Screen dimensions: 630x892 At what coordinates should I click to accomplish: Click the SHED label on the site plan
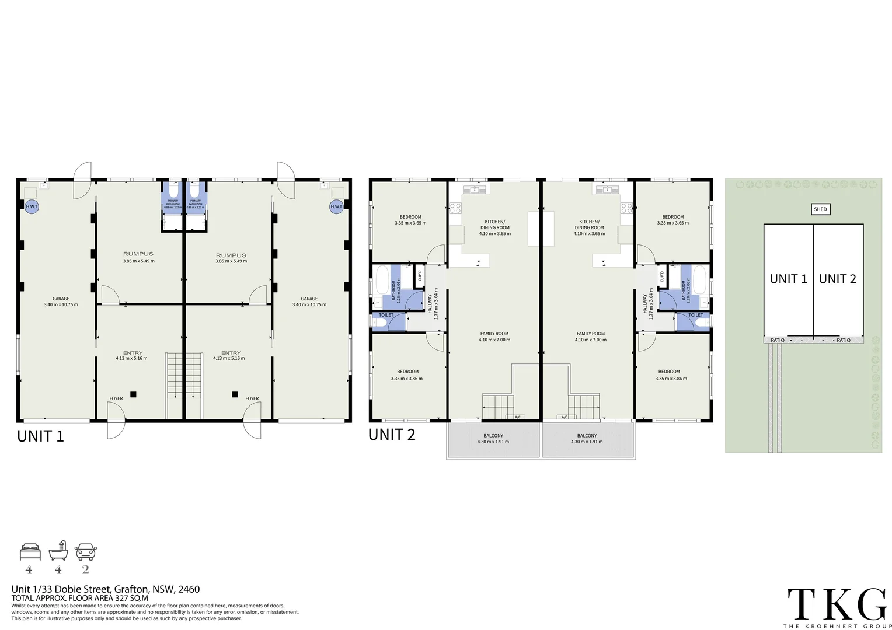[820, 209]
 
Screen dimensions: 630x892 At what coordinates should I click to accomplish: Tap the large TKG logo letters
[837, 604]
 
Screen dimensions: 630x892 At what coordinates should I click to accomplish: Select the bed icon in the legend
[30, 551]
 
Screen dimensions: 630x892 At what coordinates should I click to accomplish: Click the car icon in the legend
[86, 551]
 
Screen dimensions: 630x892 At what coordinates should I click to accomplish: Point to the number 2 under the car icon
[86, 570]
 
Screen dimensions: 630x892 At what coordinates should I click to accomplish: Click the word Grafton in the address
[131, 589]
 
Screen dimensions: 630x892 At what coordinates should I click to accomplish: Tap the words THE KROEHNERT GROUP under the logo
[836, 626]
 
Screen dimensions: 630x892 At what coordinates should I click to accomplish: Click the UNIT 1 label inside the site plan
[788, 279]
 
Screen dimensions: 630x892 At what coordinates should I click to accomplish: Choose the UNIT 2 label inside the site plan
[837, 279]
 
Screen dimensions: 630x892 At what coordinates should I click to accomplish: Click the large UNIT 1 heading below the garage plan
[40, 436]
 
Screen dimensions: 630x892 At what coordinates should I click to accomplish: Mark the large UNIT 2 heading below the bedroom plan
[392, 434]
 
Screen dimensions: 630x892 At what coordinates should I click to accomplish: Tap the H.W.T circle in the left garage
[31, 206]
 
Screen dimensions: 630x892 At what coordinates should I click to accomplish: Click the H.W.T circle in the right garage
[336, 206]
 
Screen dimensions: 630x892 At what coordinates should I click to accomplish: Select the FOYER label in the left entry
[116, 398]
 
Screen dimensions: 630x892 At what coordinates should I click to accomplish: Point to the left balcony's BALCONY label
[493, 436]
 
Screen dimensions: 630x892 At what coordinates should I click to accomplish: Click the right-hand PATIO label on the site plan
[844, 340]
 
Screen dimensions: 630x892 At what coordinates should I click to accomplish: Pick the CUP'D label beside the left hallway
[420, 275]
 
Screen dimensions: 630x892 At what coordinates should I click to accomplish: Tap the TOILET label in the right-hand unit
[695, 315]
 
